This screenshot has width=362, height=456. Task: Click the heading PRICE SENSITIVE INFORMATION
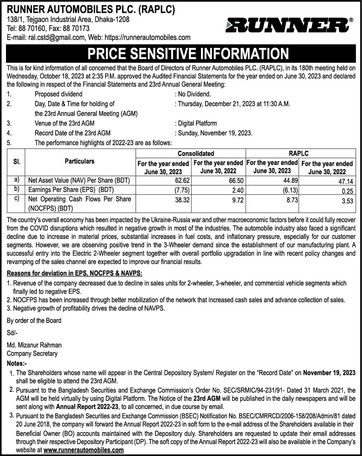tap(188, 53)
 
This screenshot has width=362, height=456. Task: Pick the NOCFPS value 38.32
tap(182, 200)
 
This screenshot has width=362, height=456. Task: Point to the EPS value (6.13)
tap(290, 190)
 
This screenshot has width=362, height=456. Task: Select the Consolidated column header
tap(191, 153)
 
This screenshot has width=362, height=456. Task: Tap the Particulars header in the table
tap(80, 161)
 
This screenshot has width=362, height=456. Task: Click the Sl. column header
tap(16, 162)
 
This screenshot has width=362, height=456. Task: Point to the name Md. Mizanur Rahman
tap(34, 345)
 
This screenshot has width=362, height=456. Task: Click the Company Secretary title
tap(32, 354)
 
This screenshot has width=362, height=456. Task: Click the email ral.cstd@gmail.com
tap(56, 37)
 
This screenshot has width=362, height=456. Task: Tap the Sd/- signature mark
tap(12, 333)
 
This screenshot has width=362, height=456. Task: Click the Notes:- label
tap(17, 363)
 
